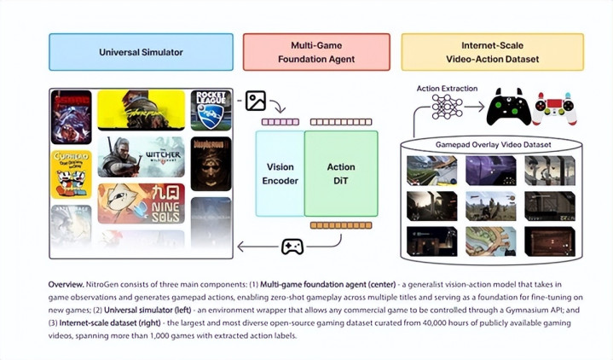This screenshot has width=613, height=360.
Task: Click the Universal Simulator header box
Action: point(141,52)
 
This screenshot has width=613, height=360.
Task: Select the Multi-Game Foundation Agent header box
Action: point(316,52)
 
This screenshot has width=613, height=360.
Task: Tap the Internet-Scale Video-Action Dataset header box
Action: point(492,52)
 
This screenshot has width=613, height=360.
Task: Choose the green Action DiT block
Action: point(341,173)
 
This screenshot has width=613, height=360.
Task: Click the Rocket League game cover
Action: point(211,109)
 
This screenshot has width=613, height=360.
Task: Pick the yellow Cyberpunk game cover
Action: point(141,109)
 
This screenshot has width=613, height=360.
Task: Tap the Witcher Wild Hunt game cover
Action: point(141,156)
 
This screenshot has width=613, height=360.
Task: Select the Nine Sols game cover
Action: point(141,204)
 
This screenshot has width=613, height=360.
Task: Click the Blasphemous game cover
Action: point(211,163)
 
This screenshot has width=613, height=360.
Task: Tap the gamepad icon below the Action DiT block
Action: point(292,247)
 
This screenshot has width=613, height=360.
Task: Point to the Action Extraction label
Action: point(447,88)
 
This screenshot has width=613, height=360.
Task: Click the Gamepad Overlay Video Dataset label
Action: point(492,145)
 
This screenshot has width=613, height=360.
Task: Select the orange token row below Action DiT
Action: point(341,226)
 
